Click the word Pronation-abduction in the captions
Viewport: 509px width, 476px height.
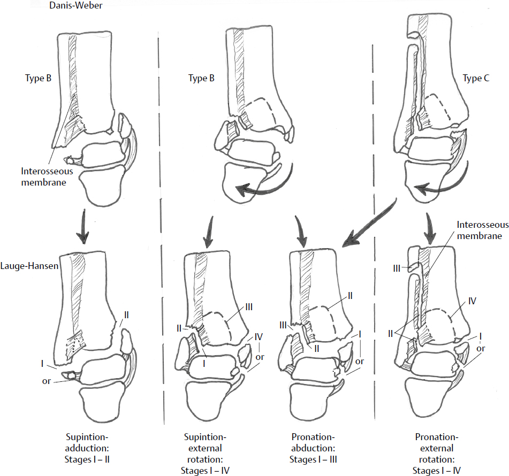[315, 441]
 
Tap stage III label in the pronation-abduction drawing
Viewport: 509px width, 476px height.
[283, 325]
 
